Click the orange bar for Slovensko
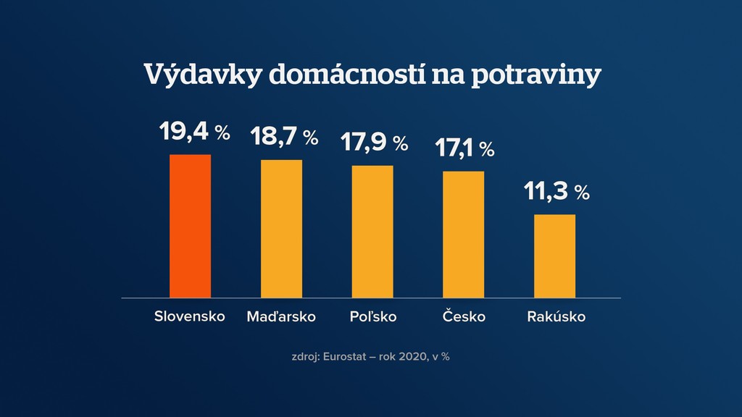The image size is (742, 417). [190, 226]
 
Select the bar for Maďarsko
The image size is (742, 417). [281, 229]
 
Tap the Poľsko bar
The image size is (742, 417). [372, 232]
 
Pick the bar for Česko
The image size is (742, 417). [463, 235]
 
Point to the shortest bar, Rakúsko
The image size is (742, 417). [554, 256]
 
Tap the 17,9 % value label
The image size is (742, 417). [375, 143]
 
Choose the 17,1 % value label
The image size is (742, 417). [464, 148]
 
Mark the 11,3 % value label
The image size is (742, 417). [556, 192]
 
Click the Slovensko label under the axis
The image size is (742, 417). [190, 317]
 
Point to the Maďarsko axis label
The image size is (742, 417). [281, 317]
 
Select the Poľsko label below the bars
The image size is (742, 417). [372, 317]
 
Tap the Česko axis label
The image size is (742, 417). [463, 317]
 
